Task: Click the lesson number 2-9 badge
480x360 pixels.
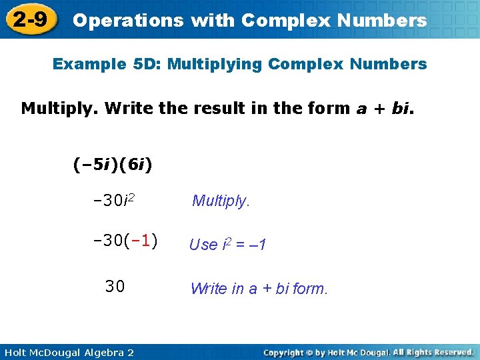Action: click(30, 19)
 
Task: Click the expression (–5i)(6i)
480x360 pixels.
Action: click(113, 163)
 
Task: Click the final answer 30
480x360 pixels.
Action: click(115, 287)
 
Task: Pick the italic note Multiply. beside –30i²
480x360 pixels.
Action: click(221, 201)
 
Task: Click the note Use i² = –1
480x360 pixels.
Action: click(227, 245)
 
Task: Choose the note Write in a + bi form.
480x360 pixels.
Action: click(259, 289)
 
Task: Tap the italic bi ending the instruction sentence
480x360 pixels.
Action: click(401, 108)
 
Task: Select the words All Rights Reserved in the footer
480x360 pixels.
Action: click(433, 351)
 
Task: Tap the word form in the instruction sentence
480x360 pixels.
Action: click(329, 108)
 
